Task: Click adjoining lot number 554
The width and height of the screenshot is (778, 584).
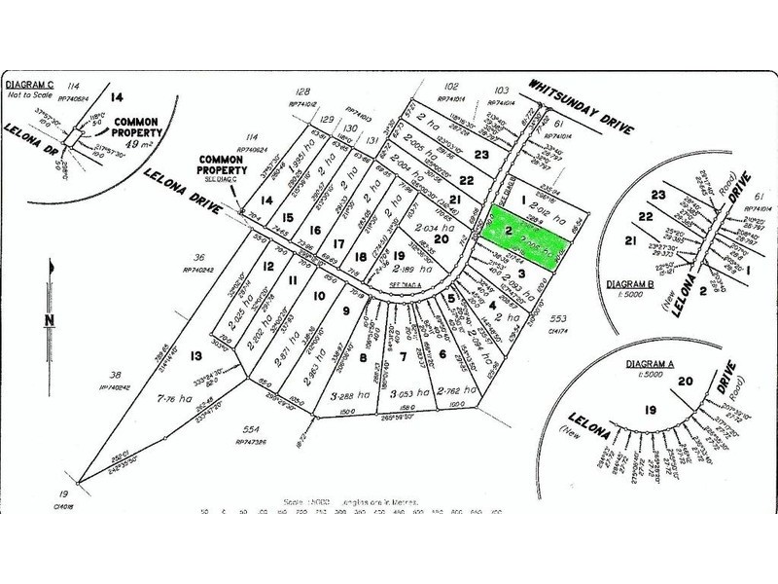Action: pos(251,429)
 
